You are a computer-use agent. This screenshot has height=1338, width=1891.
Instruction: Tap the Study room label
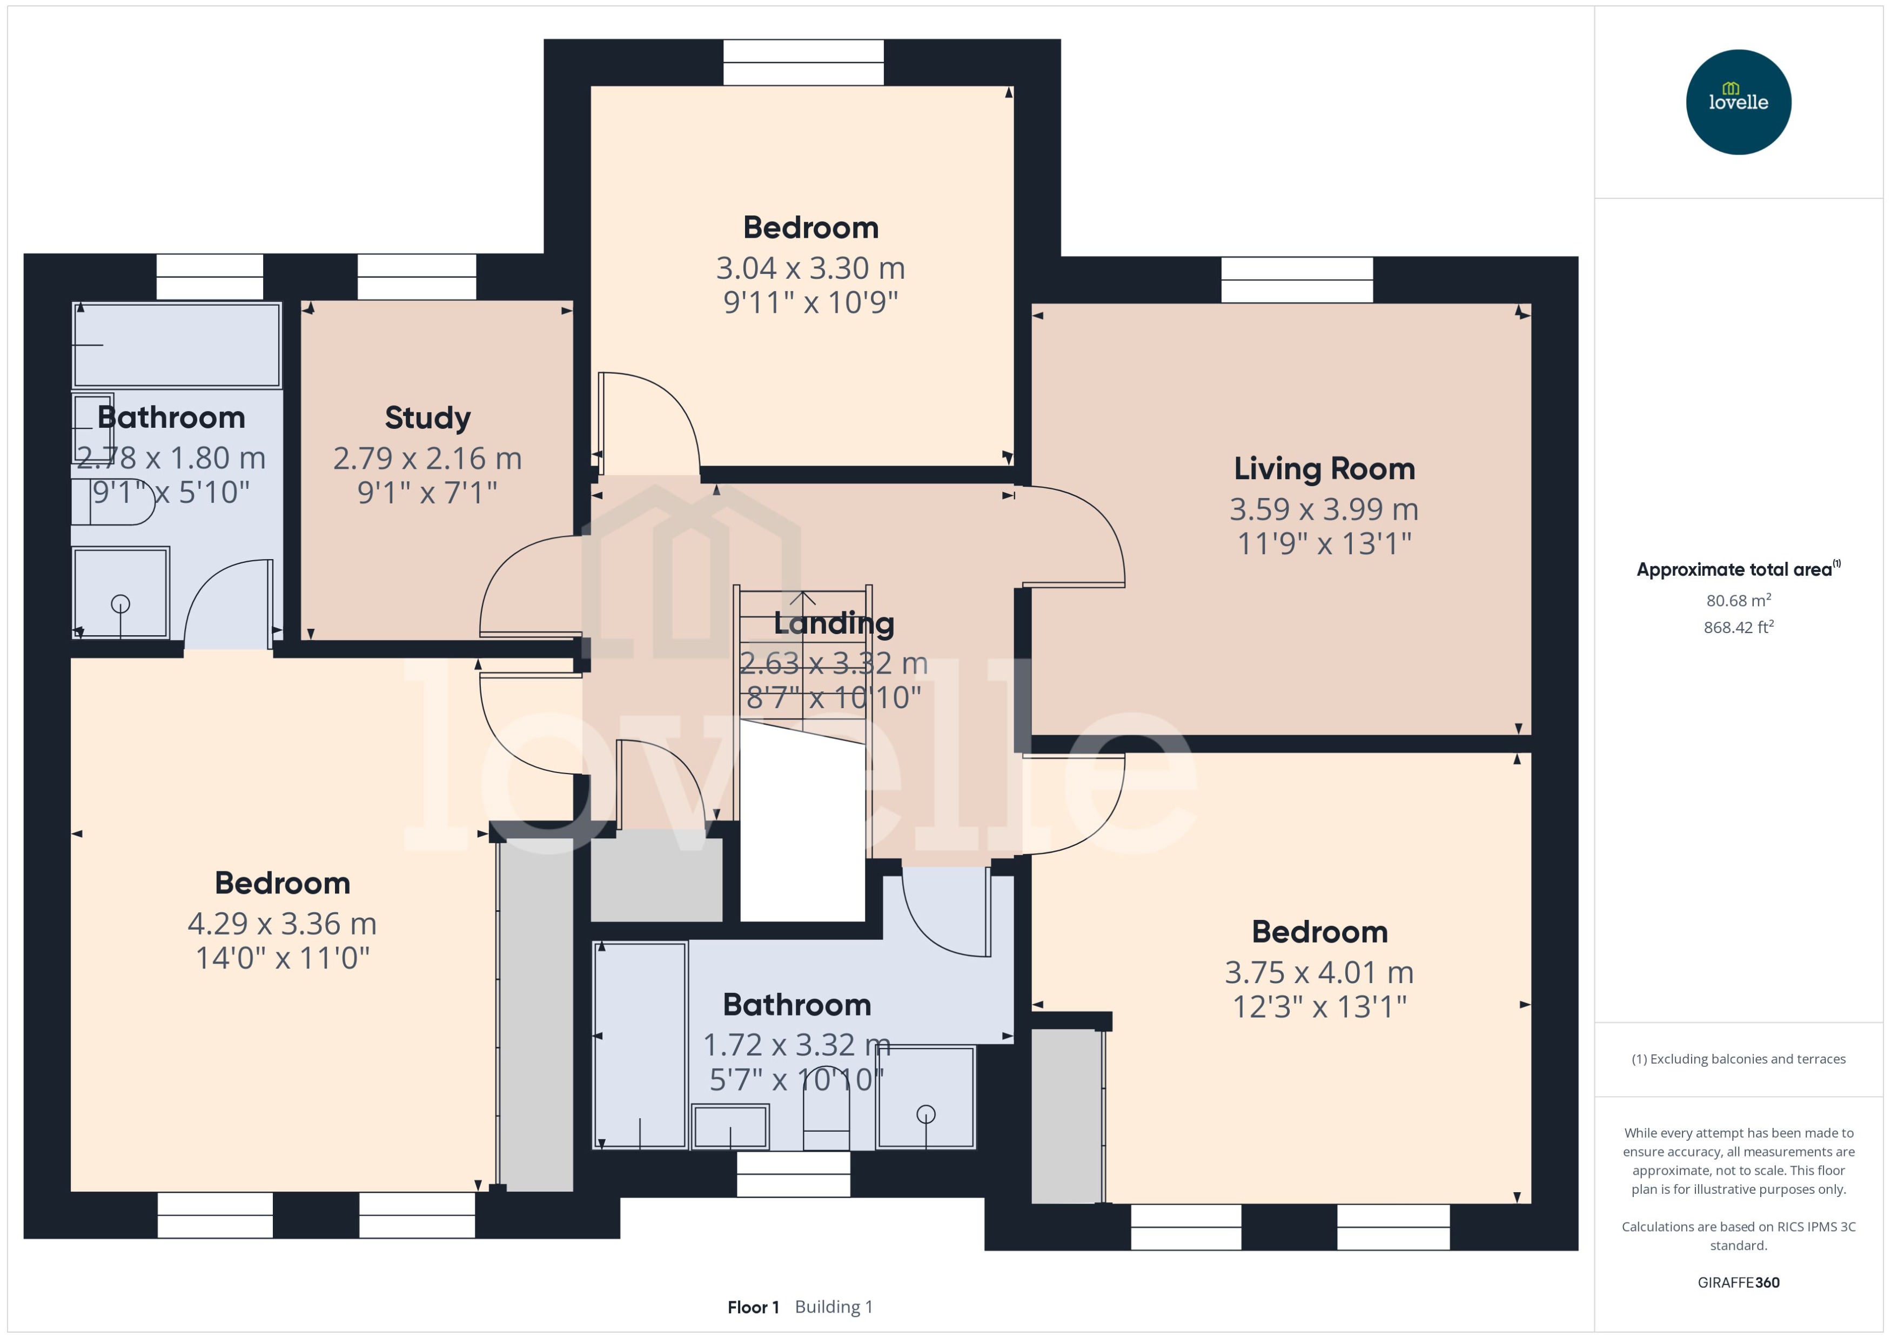428,418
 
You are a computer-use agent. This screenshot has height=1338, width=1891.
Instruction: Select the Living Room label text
1323,469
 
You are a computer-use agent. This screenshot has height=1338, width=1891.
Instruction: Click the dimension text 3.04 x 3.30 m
810,268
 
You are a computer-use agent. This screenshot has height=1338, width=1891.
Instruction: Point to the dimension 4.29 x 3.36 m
282,924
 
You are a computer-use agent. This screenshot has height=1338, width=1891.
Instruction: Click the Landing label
833,624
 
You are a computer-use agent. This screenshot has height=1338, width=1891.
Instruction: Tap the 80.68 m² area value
1738,601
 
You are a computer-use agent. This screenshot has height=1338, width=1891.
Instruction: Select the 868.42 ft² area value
1738,628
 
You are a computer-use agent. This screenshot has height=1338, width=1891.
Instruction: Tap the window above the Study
416,277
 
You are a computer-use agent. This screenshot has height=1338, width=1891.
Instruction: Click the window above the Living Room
1296,280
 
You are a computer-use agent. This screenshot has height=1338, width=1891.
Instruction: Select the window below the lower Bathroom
793,1174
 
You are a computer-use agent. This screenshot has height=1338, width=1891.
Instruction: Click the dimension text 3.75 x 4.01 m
1318,973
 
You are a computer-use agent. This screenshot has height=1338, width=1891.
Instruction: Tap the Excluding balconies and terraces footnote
1738,1059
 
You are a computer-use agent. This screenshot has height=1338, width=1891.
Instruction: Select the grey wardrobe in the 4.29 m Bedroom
537,1015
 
